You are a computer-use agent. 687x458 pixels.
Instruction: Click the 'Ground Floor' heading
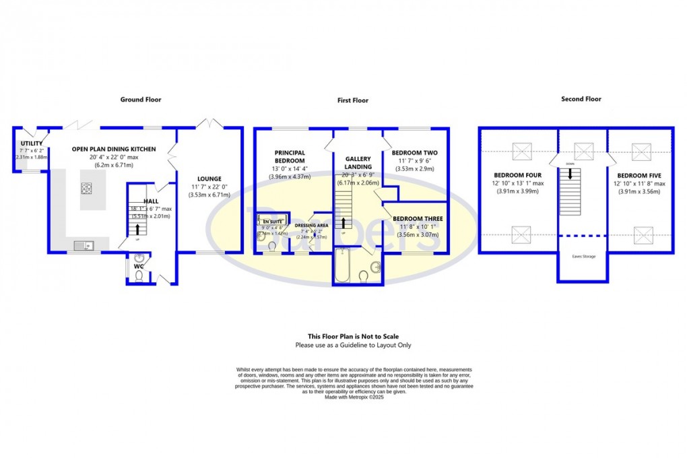[141, 100]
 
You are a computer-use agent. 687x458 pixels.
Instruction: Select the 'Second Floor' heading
[581, 99]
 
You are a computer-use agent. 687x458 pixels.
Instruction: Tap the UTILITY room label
[31, 143]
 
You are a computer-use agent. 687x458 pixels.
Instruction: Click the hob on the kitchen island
[87, 188]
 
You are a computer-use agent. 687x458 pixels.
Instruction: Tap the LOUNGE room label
[209, 179]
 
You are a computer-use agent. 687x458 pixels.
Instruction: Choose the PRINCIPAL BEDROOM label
[290, 157]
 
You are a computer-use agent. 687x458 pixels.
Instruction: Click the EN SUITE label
[273, 222]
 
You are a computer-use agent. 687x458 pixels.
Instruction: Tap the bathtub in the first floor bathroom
[341, 266]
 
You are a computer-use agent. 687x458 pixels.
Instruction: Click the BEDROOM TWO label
[414, 153]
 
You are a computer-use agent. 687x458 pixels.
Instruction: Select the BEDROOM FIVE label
[639, 175]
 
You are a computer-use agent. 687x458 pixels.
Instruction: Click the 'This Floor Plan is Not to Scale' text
[348, 336]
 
